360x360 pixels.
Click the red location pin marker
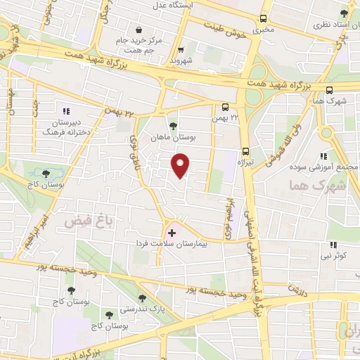point(181,166)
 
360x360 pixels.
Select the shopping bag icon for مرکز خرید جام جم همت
point(140,30)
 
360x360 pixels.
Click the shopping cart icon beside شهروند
point(181,50)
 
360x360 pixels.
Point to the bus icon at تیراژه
point(245,150)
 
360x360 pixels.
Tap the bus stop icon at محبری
point(263,19)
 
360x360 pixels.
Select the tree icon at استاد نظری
point(343,14)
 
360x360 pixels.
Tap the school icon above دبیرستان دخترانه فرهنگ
point(66,111)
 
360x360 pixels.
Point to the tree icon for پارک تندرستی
point(142,298)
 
